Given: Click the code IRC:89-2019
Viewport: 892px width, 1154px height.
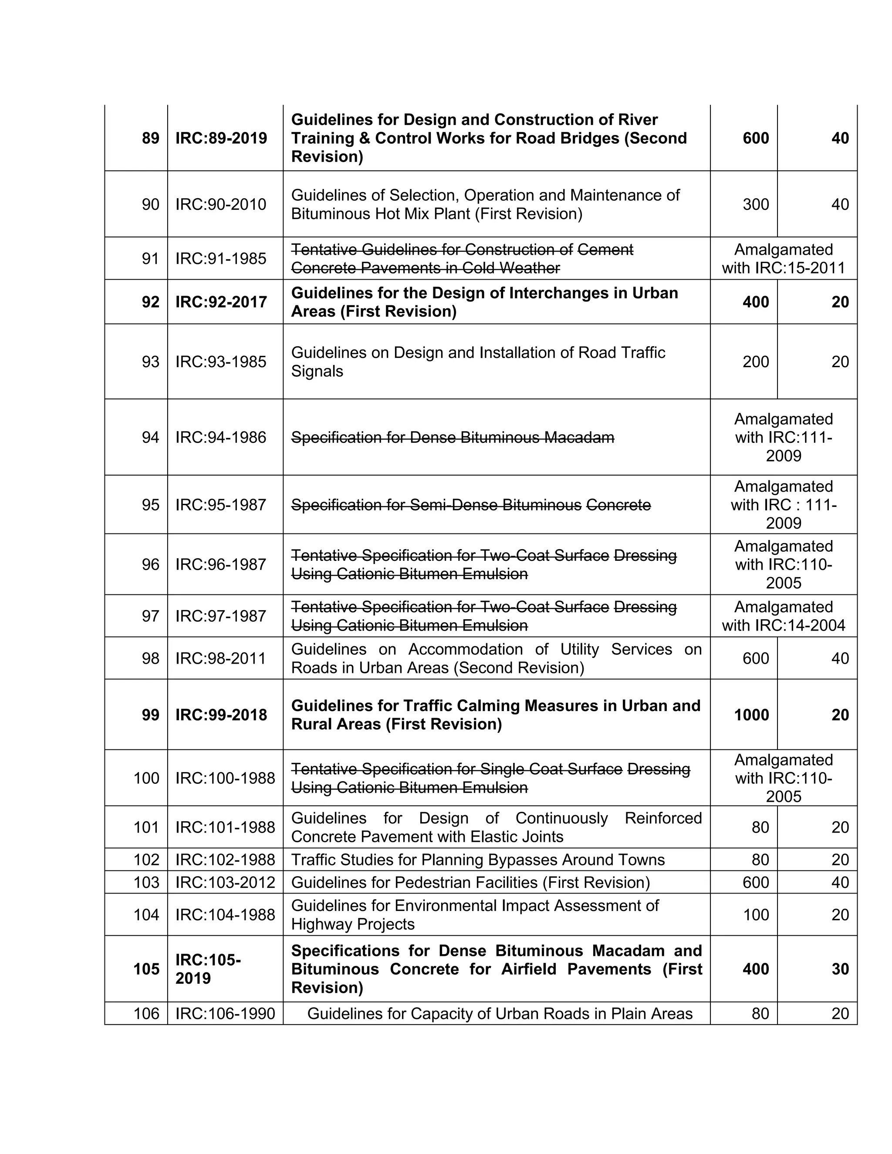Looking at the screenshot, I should (221, 138).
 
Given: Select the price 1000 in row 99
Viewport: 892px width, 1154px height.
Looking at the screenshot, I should (751, 715).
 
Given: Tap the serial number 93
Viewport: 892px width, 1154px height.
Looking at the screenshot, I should (150, 362).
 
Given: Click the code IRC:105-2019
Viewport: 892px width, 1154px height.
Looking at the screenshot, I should (208, 969).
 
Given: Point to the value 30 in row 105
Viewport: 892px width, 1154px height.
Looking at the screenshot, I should (840, 969).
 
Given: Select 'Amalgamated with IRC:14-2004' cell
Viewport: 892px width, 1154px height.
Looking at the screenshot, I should (783, 616).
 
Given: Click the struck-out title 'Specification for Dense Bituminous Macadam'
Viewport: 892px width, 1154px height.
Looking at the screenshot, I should (453, 438).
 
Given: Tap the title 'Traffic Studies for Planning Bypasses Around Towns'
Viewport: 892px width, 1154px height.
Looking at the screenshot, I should (478, 860).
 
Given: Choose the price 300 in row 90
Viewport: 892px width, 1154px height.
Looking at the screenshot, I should (756, 205).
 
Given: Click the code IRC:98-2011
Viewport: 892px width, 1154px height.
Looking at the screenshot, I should (220, 658).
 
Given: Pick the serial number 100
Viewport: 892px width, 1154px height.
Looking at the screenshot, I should (146, 778).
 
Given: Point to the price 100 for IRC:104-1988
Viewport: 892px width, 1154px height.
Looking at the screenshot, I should (756, 914).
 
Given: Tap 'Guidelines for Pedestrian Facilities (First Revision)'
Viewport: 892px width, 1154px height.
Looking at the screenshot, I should (470, 882).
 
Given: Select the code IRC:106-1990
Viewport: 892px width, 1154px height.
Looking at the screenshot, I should (225, 1013).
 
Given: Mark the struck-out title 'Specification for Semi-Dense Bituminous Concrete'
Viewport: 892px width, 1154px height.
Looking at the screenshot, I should (471, 505).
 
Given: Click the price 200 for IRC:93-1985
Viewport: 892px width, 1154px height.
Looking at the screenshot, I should (756, 362).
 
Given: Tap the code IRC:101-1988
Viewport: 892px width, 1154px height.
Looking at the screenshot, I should (225, 827).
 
